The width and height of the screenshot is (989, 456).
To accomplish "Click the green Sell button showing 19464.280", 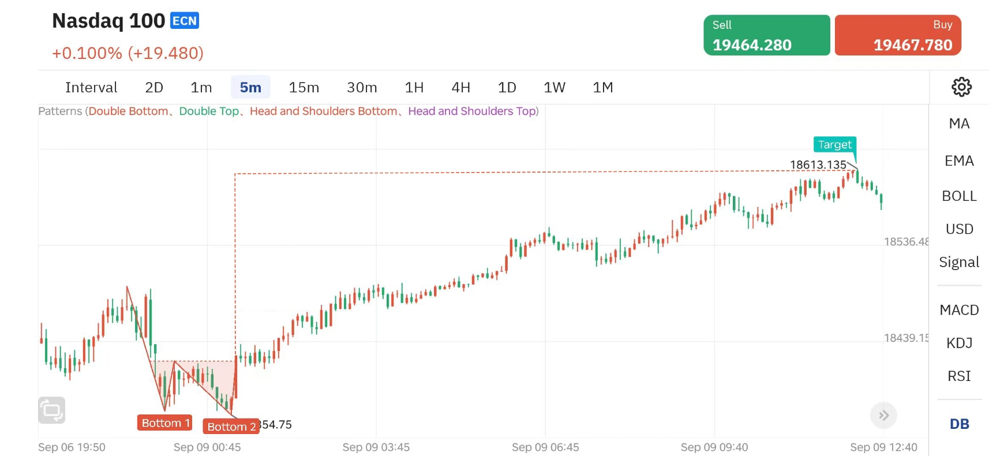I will pyautogui.click(x=766, y=35).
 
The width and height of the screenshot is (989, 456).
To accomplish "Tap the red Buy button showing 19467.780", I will pyautogui.click(x=898, y=35).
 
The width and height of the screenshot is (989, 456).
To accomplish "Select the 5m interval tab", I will pyautogui.click(x=250, y=87).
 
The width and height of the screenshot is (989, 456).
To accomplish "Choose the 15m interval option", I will pyautogui.click(x=304, y=87).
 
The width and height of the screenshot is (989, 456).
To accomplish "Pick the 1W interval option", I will pyautogui.click(x=554, y=87).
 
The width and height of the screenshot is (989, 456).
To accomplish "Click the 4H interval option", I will pyautogui.click(x=460, y=87).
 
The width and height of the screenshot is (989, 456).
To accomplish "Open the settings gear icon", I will pyautogui.click(x=961, y=87).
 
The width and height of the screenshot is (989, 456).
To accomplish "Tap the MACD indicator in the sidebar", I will pyautogui.click(x=959, y=310).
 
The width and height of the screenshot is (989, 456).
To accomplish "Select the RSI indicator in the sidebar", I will pyautogui.click(x=959, y=376).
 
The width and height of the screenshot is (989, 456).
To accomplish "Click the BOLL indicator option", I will pyautogui.click(x=959, y=196).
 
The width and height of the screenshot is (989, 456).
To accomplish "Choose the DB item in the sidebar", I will pyautogui.click(x=959, y=424).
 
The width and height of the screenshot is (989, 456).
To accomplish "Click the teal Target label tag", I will pyautogui.click(x=834, y=145).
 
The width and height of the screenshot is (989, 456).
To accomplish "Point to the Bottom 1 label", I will pyautogui.click(x=165, y=423).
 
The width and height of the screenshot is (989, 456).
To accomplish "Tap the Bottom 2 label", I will pyautogui.click(x=231, y=427).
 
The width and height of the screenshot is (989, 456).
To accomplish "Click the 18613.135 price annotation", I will pyautogui.click(x=818, y=165).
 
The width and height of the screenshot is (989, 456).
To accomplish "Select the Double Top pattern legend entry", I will pyautogui.click(x=208, y=111).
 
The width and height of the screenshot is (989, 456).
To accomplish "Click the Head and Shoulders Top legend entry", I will pyautogui.click(x=472, y=111).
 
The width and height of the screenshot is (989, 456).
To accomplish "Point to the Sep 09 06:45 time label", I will pyautogui.click(x=545, y=447).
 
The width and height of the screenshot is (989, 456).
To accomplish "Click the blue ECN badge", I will pyautogui.click(x=185, y=21).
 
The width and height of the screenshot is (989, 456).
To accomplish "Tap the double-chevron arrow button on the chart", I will pyautogui.click(x=883, y=416).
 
